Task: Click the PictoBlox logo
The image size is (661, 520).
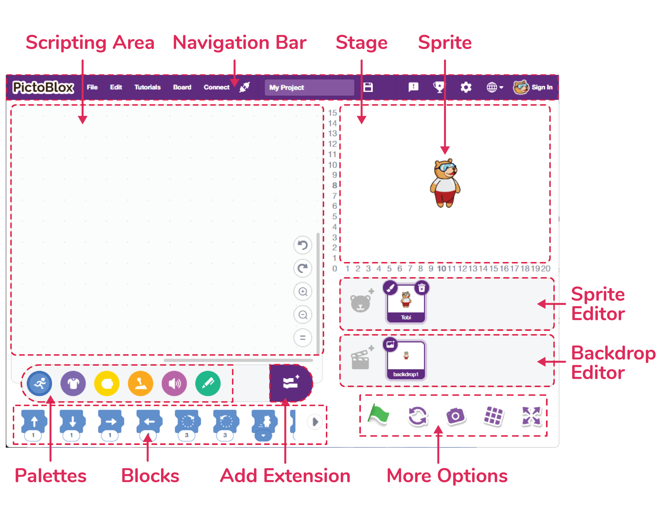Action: (43, 87)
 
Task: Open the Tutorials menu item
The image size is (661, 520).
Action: (147, 87)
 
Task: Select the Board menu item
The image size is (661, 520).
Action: (182, 87)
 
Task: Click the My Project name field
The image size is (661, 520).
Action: (309, 87)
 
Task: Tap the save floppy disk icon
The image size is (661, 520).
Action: (368, 87)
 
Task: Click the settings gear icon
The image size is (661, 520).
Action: (466, 87)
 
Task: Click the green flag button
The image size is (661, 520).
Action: (378, 415)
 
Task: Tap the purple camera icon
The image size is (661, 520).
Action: (455, 416)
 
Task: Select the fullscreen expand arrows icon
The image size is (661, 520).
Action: (531, 416)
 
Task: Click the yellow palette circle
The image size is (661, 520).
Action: (107, 383)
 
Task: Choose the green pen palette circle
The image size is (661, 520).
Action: (208, 383)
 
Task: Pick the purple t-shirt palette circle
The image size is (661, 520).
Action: (73, 383)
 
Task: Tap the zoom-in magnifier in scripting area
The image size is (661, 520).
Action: (303, 292)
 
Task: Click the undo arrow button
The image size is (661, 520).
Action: (303, 245)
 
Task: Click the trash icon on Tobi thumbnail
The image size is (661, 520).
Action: (422, 288)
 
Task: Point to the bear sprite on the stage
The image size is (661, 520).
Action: (445, 183)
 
